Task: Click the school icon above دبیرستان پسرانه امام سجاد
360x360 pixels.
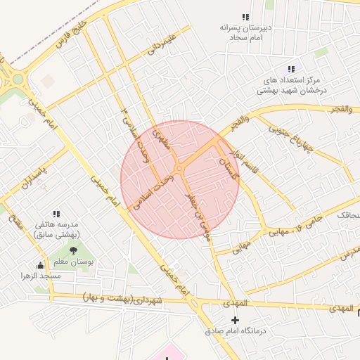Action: pos(245,17)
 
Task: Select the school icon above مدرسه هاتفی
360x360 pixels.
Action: pos(56,214)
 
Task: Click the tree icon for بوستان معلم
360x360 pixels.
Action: pos(74,250)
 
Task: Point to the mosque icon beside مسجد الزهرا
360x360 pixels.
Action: pos(40,265)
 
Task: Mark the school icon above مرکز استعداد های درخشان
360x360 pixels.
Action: pos(290,69)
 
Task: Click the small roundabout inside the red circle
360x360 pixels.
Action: pos(179,168)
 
